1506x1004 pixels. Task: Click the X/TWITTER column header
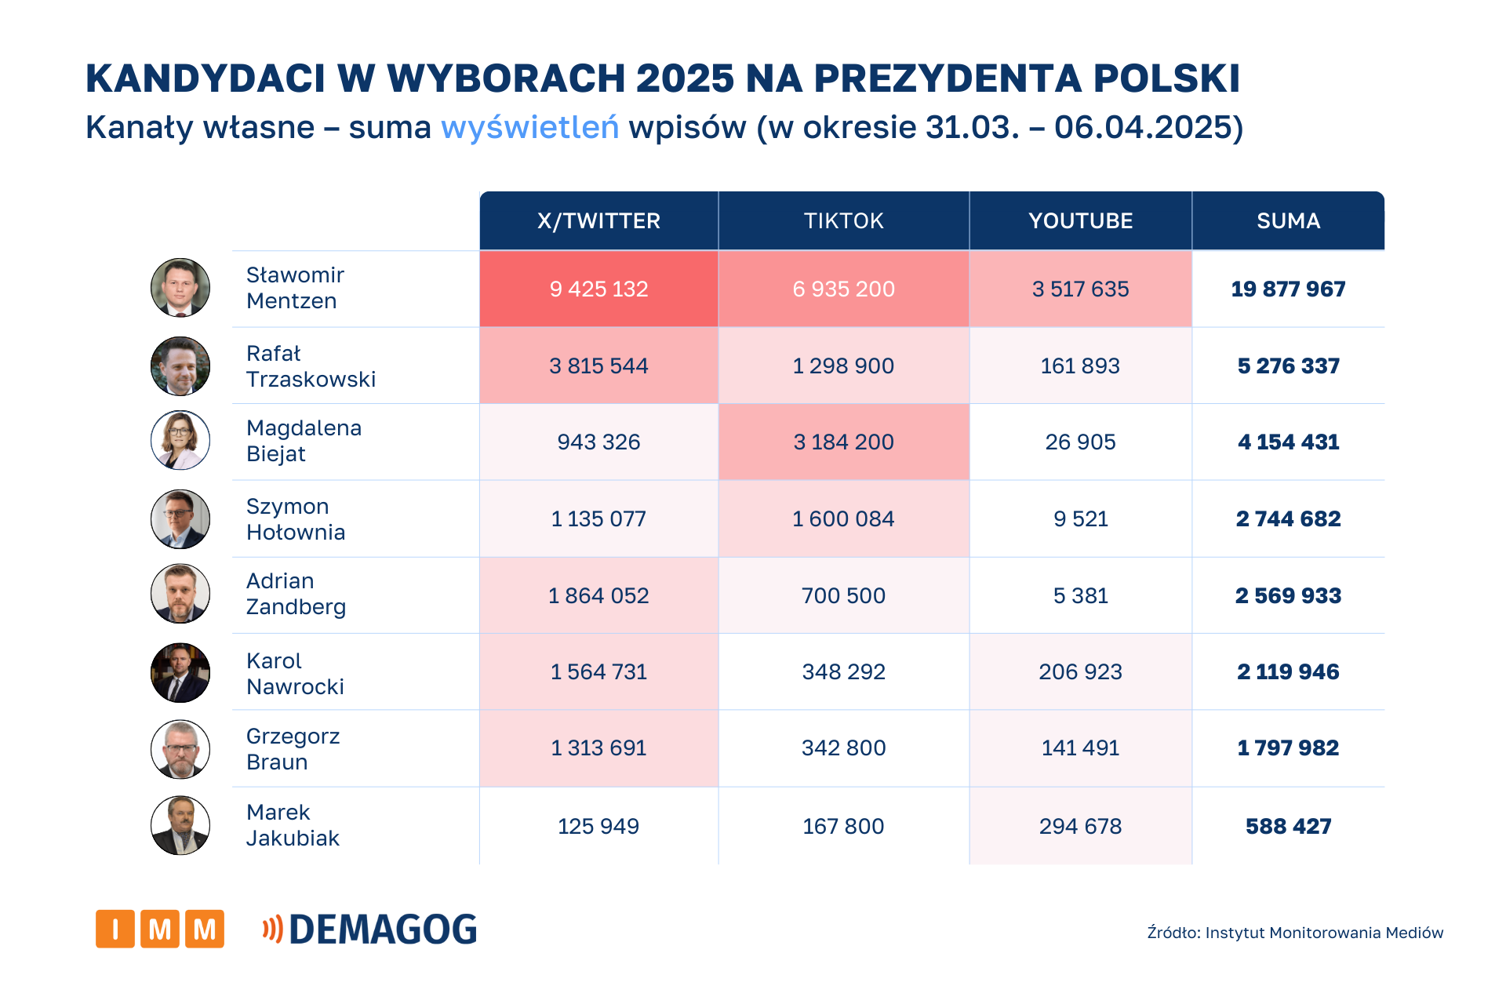(x=598, y=221)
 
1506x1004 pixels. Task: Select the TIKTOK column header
(x=843, y=221)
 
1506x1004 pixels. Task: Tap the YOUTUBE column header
(x=1080, y=221)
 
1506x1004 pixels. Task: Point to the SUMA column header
(x=1288, y=221)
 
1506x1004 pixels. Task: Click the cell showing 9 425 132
(x=598, y=289)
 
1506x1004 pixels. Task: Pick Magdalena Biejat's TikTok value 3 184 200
(x=843, y=442)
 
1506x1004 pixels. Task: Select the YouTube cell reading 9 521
(x=1080, y=519)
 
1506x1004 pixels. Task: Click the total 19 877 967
(x=1288, y=289)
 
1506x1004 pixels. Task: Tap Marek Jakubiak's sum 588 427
(x=1288, y=827)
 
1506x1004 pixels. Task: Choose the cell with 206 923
(x=1080, y=672)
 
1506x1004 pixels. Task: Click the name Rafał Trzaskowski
(x=311, y=366)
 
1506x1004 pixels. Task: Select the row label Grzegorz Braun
(x=293, y=749)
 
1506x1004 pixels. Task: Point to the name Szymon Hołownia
(x=295, y=519)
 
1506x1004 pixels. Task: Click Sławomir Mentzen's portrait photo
(x=180, y=288)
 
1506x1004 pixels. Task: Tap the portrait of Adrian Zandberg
(x=180, y=594)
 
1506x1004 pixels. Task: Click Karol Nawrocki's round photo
(x=180, y=672)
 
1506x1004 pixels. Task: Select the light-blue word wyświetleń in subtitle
(x=529, y=128)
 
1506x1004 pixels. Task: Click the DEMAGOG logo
(x=370, y=929)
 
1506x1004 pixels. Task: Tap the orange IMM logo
(x=160, y=929)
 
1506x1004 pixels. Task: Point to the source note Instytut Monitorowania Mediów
(x=1294, y=933)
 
